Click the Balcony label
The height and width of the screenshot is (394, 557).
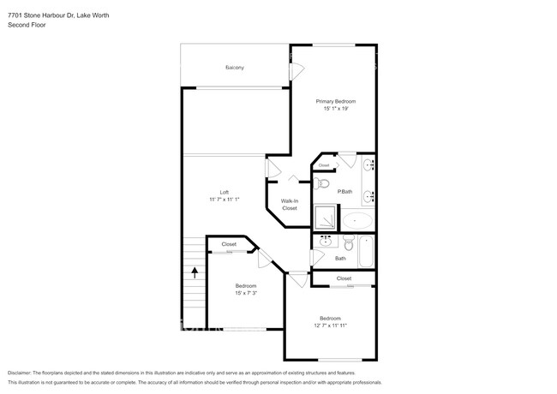pyautogui.click(x=235, y=67)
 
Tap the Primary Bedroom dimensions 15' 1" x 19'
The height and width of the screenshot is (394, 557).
pyautogui.click(x=335, y=109)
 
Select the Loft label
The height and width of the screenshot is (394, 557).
pyautogui.click(x=224, y=192)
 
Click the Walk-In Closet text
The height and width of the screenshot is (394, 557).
pyautogui.click(x=290, y=205)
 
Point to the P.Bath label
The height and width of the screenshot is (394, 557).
pyautogui.click(x=344, y=191)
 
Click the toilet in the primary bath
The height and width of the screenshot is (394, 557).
pyautogui.click(x=323, y=183)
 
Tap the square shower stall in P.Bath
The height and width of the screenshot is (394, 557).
pyautogui.click(x=326, y=218)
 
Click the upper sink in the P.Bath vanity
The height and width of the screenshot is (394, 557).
pyautogui.click(x=368, y=165)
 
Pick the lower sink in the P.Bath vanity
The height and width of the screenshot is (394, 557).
pyautogui.click(x=368, y=197)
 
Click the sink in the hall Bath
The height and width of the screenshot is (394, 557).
pyautogui.click(x=325, y=242)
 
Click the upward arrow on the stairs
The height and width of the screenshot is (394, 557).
pyautogui.click(x=195, y=273)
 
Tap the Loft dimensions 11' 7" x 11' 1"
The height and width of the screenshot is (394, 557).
pyautogui.click(x=224, y=200)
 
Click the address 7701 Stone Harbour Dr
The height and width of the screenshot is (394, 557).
pyautogui.click(x=42, y=15)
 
